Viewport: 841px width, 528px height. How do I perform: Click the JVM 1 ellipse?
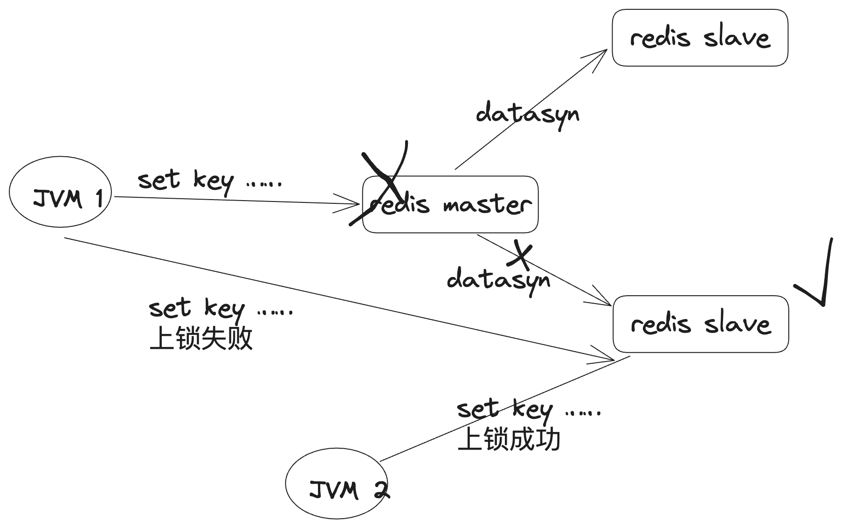tap(61, 192)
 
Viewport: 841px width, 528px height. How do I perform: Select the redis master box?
tap(450, 205)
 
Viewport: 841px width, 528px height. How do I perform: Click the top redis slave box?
tap(700, 38)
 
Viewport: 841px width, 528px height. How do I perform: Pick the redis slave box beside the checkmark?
tap(701, 324)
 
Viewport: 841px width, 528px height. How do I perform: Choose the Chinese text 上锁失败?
tap(201, 339)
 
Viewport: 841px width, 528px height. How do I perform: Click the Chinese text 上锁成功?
tap(509, 439)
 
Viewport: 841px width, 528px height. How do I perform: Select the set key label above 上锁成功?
tap(529, 410)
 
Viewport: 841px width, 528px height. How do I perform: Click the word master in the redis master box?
tap(487, 205)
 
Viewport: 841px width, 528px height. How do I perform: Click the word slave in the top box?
tap(737, 38)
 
